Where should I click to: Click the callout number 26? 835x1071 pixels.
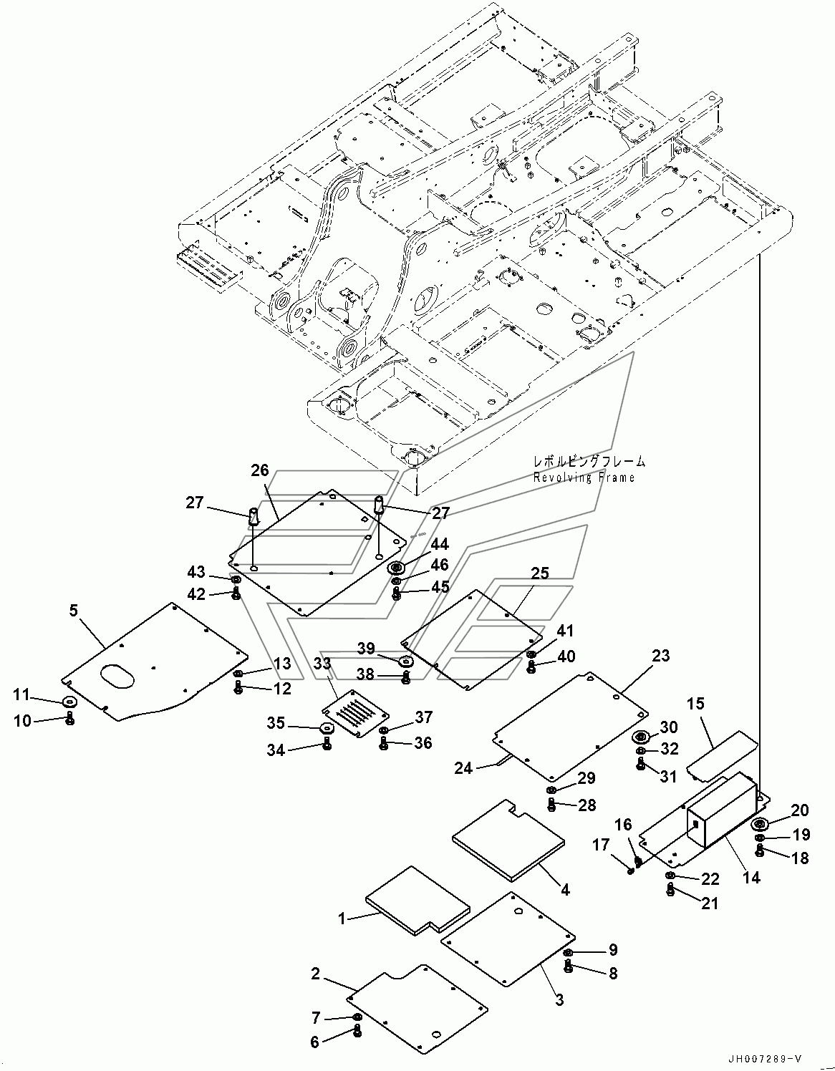[x=260, y=470]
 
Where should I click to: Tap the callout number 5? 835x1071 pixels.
[x=74, y=611]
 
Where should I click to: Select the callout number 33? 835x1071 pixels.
[x=322, y=664]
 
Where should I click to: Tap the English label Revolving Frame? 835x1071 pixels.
[x=584, y=477]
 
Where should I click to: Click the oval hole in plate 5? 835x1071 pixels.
[x=117, y=677]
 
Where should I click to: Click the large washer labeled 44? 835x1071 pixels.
[x=396, y=569]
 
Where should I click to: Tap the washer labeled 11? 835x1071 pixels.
[x=70, y=700]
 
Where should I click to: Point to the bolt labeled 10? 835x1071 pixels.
[x=70, y=718]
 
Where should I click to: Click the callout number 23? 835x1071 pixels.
[x=661, y=656]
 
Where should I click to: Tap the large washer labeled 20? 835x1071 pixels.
[x=760, y=824]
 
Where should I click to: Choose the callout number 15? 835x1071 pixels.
[x=696, y=703]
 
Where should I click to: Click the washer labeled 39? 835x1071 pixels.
[x=405, y=661]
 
